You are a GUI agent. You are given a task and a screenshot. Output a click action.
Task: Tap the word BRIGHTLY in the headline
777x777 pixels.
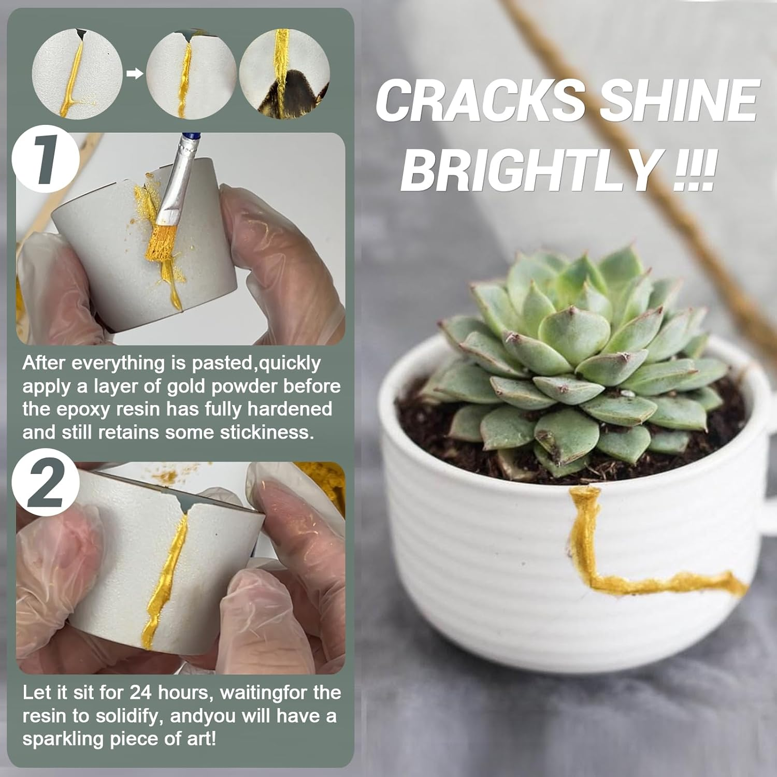tap(529, 169)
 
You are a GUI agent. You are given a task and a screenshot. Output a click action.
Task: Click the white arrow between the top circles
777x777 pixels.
tap(135, 74)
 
